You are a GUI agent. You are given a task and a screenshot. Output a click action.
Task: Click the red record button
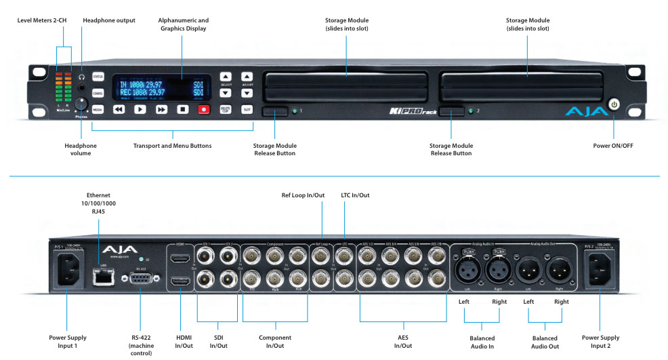tap(203, 108)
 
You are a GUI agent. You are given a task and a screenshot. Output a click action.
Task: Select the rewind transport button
tap(119, 108)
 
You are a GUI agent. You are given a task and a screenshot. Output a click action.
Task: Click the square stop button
tap(182, 108)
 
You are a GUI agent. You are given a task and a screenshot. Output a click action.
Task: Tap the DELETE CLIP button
tap(226, 108)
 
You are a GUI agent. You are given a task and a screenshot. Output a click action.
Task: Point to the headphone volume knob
tap(83, 104)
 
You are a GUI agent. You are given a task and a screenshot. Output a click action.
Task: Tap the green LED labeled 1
tap(295, 109)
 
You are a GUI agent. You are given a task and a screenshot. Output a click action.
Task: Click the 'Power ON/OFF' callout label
tap(614, 146)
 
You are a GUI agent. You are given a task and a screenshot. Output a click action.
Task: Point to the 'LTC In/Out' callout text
tap(355, 195)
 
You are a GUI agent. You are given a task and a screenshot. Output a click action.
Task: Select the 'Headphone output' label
tap(108, 20)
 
